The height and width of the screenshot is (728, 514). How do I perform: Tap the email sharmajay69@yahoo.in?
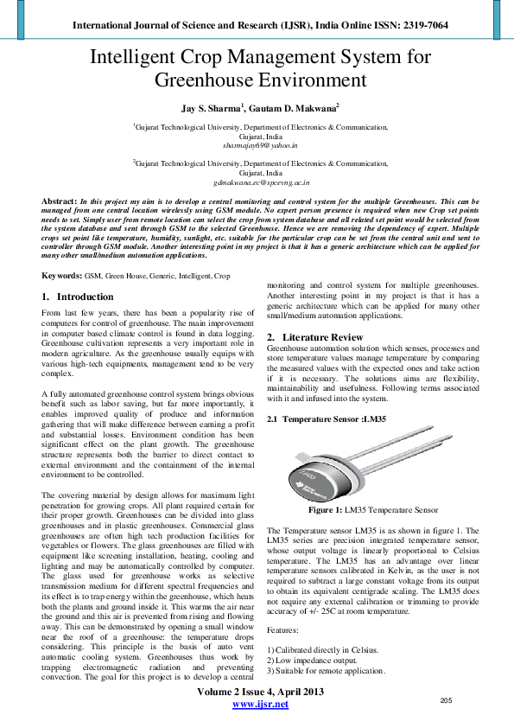click(x=260, y=147)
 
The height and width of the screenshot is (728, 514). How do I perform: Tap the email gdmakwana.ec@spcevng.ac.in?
click(x=260, y=183)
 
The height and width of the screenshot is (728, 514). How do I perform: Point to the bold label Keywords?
click(x=63, y=276)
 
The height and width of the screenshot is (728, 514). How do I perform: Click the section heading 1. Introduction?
click(x=78, y=297)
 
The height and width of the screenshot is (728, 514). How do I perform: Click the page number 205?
click(x=447, y=699)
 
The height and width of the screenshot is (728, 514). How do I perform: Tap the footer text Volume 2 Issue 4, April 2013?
click(x=260, y=693)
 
